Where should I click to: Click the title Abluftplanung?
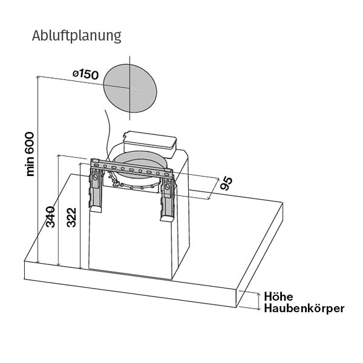coord(77,36)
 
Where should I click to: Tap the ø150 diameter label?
coord(85,74)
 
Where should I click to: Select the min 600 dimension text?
coord(31,154)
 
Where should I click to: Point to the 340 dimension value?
coord(51,217)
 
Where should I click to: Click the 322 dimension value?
coord(71,217)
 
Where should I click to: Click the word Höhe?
coord(279,296)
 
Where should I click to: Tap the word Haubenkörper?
coord(304,309)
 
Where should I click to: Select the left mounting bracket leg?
coord(95,188)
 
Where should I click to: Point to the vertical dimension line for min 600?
coord(38,169)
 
